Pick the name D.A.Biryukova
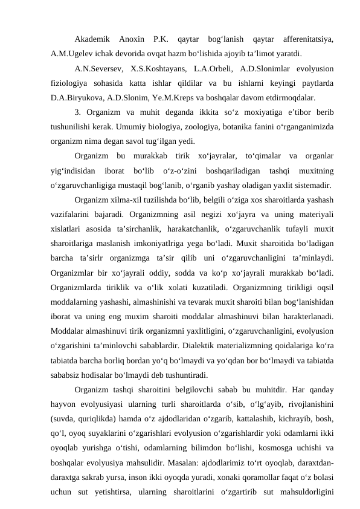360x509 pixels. pyautogui.click(x=77, y=96)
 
